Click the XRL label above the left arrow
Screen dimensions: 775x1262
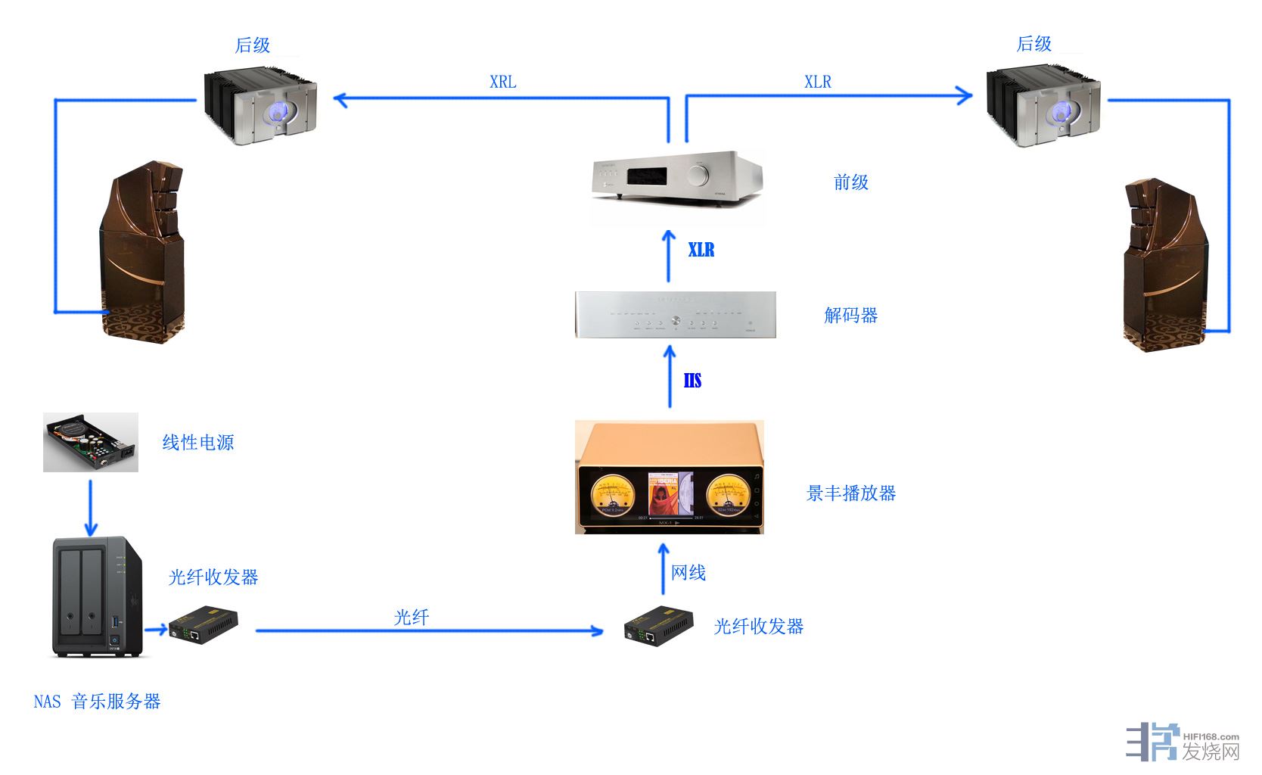tap(502, 82)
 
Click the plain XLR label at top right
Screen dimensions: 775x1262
tap(817, 82)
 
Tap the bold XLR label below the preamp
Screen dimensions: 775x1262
tap(701, 250)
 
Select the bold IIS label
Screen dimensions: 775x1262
tap(692, 381)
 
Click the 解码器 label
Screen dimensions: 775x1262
tap(850, 316)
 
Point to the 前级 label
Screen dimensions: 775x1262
tap(850, 182)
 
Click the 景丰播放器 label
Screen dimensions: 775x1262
tap(850, 493)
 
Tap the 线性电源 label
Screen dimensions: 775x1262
tap(197, 443)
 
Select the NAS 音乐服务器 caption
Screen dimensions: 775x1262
tap(97, 702)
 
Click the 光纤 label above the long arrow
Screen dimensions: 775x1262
tap(411, 618)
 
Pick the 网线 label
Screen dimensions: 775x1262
tap(689, 573)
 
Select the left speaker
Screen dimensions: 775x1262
tap(142, 254)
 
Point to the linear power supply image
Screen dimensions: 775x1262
tap(91, 442)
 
